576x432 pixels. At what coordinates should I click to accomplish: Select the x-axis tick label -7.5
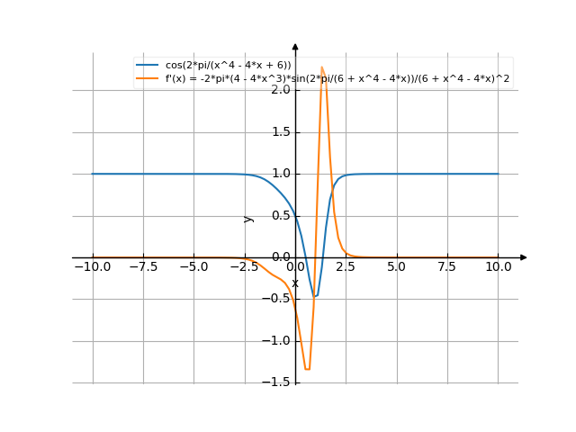pos(142,266)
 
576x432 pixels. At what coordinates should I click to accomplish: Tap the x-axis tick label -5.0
pos(193,266)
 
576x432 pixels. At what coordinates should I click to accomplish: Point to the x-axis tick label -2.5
pos(243,266)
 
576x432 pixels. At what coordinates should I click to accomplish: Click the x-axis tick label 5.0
pos(396,266)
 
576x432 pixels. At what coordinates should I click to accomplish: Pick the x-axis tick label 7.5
pos(447,266)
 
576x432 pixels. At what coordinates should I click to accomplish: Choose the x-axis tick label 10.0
pos(498,266)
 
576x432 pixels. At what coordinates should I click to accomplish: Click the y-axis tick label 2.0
pos(278,90)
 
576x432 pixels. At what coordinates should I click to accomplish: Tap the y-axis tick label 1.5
pos(278,132)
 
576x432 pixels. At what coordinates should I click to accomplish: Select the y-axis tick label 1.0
pos(278,174)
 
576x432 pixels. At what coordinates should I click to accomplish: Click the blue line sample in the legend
pos(148,66)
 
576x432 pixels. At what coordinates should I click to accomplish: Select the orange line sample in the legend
pos(148,78)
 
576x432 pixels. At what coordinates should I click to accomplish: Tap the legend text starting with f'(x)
pos(337,78)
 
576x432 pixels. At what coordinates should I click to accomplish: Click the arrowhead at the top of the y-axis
pos(295,47)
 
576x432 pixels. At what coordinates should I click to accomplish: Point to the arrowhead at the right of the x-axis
pos(523,257)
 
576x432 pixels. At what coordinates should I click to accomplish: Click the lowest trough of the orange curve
pos(308,369)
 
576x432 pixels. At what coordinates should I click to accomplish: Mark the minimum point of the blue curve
pos(316,295)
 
